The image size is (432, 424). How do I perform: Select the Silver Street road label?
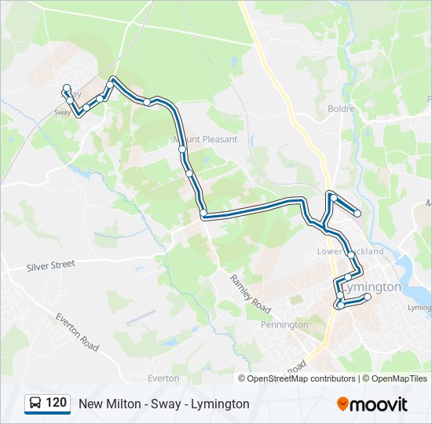50,265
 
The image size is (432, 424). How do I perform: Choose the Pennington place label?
284,324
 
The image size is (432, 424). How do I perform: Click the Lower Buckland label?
350,251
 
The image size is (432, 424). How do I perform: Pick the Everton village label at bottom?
163,378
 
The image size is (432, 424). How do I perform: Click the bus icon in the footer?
35,404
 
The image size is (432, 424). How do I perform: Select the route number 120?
56,404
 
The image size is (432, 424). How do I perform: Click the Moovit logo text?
379,404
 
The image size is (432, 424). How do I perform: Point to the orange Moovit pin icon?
342,404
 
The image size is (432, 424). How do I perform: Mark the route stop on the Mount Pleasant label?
182,148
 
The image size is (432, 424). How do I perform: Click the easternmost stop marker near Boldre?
357,213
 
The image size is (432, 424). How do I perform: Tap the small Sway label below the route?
63,112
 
